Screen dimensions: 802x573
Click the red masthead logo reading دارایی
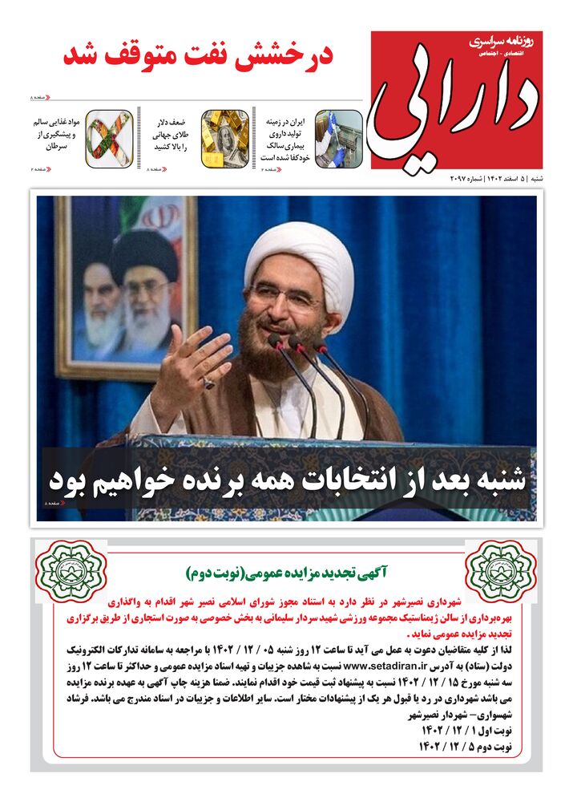pos(456,100)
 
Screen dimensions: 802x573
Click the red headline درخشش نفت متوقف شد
pos(198,55)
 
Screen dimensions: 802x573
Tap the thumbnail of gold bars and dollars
pos(224,138)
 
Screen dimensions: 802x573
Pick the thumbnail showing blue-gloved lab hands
pos(338,138)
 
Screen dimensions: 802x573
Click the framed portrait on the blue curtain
pos(127,285)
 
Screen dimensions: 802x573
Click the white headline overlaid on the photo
pos(287,480)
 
